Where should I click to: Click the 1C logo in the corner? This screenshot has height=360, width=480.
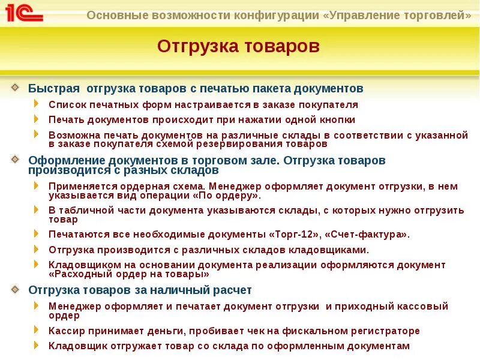(x=24, y=13)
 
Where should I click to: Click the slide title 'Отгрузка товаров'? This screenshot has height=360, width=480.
(x=239, y=46)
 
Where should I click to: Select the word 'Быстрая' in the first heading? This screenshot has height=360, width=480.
(x=54, y=88)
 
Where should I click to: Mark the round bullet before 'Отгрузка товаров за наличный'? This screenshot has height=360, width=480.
(x=15, y=289)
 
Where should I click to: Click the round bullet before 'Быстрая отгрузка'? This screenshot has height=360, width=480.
(x=15, y=88)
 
